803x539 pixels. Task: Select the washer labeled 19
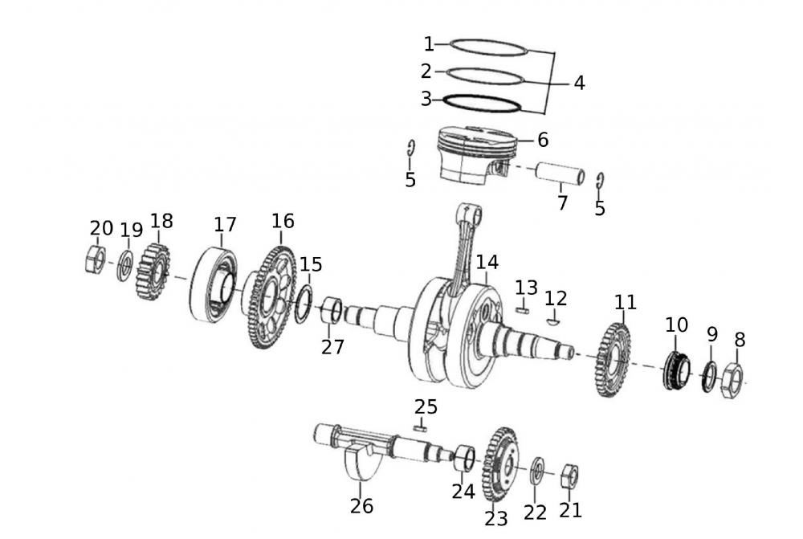pyautogui.click(x=125, y=266)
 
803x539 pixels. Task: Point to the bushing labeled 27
pyautogui.click(x=332, y=311)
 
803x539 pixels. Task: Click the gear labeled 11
pyautogui.click(x=614, y=359)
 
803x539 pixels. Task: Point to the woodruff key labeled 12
pyautogui.click(x=552, y=321)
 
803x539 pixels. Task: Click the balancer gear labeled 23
pyautogui.click(x=502, y=464)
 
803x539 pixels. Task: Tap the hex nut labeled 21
pyautogui.click(x=568, y=476)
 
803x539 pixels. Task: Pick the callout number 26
pyautogui.click(x=361, y=506)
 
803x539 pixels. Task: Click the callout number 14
pyautogui.click(x=487, y=262)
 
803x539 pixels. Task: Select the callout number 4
pyautogui.click(x=579, y=83)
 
